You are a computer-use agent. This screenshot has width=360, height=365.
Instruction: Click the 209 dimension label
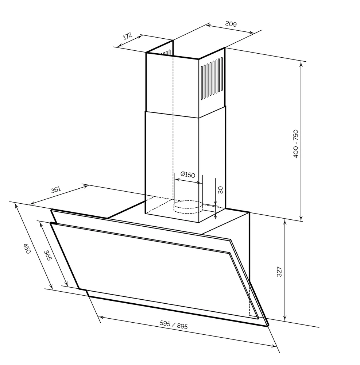click(x=231, y=24)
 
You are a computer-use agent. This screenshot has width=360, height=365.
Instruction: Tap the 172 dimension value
click(x=127, y=36)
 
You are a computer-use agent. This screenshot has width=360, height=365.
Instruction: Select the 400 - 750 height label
click(x=295, y=143)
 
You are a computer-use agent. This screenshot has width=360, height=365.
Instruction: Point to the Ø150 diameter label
click(x=188, y=174)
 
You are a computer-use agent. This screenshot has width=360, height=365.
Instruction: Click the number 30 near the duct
click(x=220, y=190)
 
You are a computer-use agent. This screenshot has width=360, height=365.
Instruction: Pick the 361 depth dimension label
click(x=56, y=190)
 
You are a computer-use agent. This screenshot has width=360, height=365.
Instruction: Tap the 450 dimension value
click(x=27, y=248)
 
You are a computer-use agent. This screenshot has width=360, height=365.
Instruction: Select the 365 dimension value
click(x=48, y=255)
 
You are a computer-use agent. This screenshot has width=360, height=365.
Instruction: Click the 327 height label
click(x=279, y=272)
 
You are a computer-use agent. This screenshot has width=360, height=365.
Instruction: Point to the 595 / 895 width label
click(x=174, y=324)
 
